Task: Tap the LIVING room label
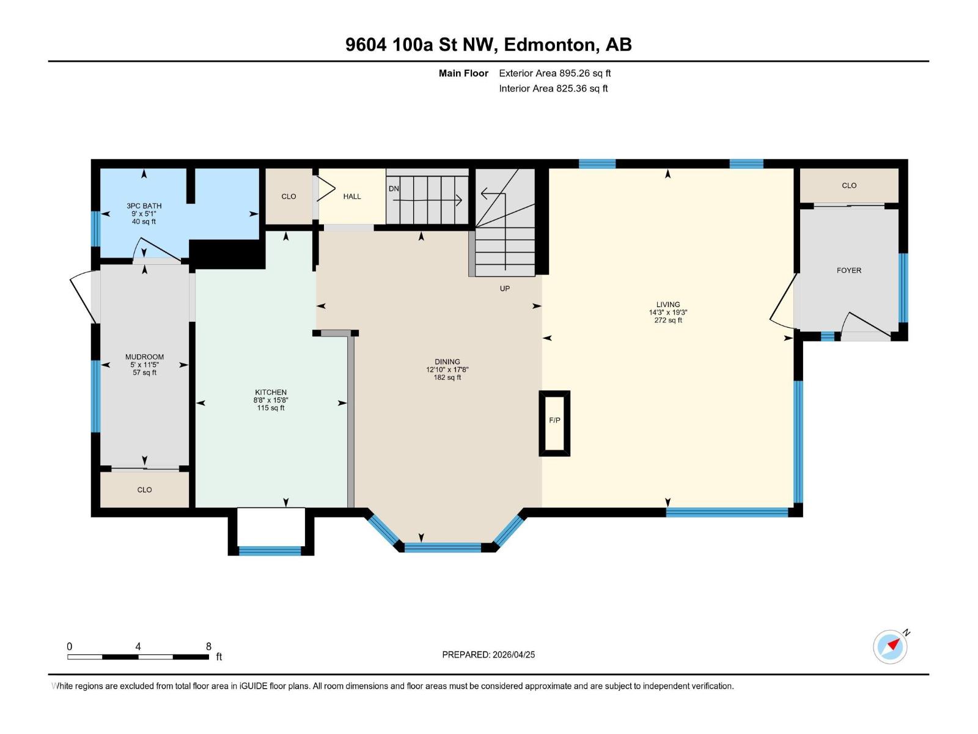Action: [x=668, y=305]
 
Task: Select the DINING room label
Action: [x=447, y=362]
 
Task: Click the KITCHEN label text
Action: [x=271, y=393]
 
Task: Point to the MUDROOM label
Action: [x=145, y=357]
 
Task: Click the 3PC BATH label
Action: [x=144, y=206]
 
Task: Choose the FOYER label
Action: [x=849, y=270]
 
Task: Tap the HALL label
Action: [x=352, y=196]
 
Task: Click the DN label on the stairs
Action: [x=394, y=188]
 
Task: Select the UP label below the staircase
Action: [x=505, y=289]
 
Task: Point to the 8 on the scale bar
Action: [x=208, y=647]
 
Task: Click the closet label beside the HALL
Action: [x=289, y=196]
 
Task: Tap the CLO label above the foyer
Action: [x=849, y=185]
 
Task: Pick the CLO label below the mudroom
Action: [x=145, y=490]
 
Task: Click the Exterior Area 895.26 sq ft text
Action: [x=554, y=73]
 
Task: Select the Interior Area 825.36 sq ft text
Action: [x=553, y=89]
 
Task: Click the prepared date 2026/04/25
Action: [x=513, y=654]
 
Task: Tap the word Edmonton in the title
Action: [x=550, y=45]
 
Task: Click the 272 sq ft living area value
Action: [x=668, y=321]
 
